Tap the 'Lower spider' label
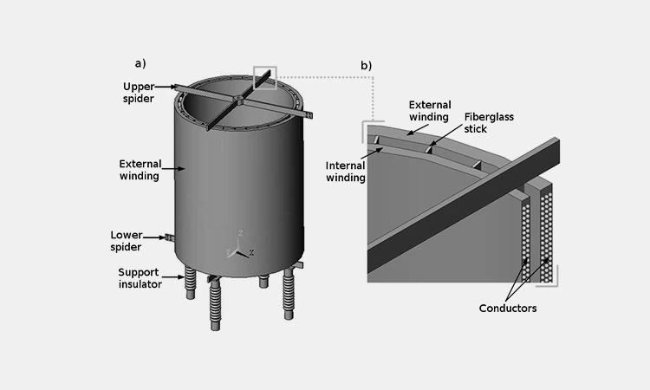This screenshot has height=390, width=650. click(x=127, y=241)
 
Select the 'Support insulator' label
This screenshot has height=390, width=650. click(x=140, y=278)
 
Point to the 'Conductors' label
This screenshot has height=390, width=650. click(x=508, y=308)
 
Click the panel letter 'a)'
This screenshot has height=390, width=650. click(x=140, y=62)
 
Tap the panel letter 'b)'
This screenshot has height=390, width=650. click(x=367, y=66)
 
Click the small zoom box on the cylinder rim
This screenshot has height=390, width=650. click(x=264, y=78)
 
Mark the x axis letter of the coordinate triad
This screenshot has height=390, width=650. click(x=250, y=252)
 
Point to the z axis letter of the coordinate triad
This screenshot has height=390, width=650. click(x=240, y=234)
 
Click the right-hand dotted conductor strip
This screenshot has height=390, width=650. click(x=547, y=234)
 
